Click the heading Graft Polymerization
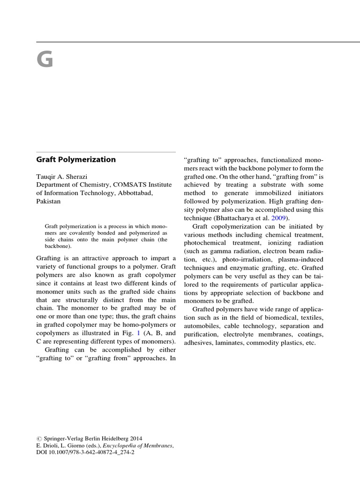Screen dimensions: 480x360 [76, 159]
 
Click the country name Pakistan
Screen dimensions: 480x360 [48, 202]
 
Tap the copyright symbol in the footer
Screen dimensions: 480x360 [39, 437]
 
